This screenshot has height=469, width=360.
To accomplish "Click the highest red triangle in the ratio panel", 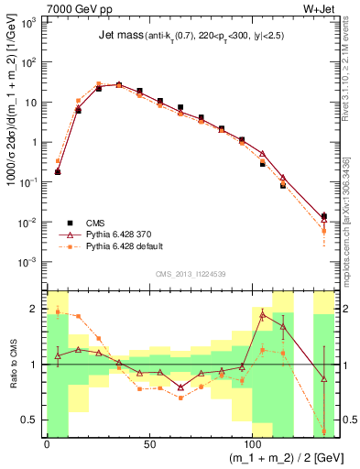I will click(x=263, y=315).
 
